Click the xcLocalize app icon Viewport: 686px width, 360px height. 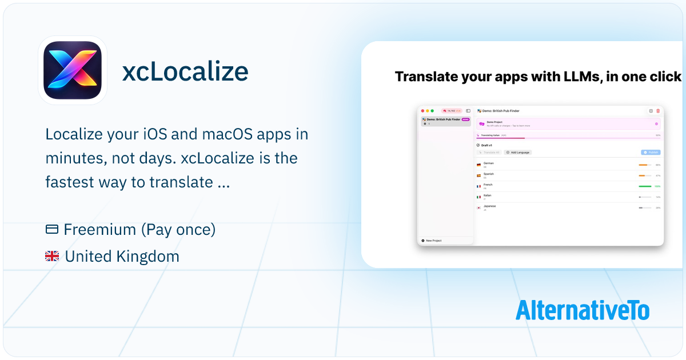[x=73, y=70]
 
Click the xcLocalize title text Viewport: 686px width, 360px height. [x=185, y=72]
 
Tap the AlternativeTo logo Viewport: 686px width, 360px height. [x=582, y=310]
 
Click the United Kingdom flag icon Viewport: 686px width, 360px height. [x=52, y=257]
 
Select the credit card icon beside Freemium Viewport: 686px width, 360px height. [x=52, y=230]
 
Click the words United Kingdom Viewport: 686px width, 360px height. [x=122, y=257]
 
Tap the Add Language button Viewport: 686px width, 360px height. [x=518, y=153]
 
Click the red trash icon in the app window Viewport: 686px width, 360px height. [x=657, y=111]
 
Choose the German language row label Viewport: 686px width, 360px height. [x=489, y=163]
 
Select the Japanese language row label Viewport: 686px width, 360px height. [x=490, y=206]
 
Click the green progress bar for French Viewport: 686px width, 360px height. [x=645, y=186]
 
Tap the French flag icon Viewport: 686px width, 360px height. [x=478, y=186]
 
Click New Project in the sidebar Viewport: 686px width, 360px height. [x=433, y=241]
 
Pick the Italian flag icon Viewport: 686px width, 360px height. [x=478, y=197]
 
